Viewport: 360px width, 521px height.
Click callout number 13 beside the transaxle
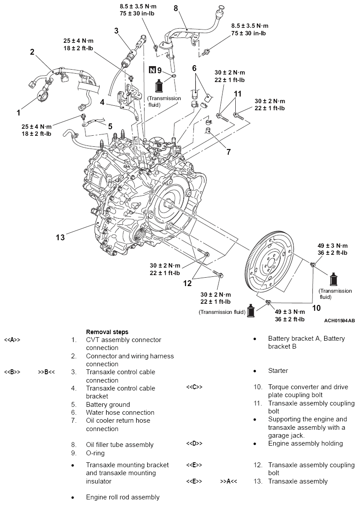60,238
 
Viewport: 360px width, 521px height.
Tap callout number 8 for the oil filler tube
176,9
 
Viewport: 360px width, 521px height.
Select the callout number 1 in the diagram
19,113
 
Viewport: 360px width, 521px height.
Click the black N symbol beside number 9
152,70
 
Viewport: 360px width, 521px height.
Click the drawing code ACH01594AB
339,320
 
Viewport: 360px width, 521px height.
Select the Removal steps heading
107,331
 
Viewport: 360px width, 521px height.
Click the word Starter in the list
278,371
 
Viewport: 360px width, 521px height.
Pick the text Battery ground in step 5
108,404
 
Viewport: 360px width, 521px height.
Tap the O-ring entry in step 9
95,453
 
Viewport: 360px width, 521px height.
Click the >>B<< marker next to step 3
46,372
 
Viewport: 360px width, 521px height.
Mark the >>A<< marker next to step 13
228,481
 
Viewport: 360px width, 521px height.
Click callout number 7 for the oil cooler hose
229,152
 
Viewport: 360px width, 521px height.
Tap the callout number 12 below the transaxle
188,283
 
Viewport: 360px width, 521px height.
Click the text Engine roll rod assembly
122,497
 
